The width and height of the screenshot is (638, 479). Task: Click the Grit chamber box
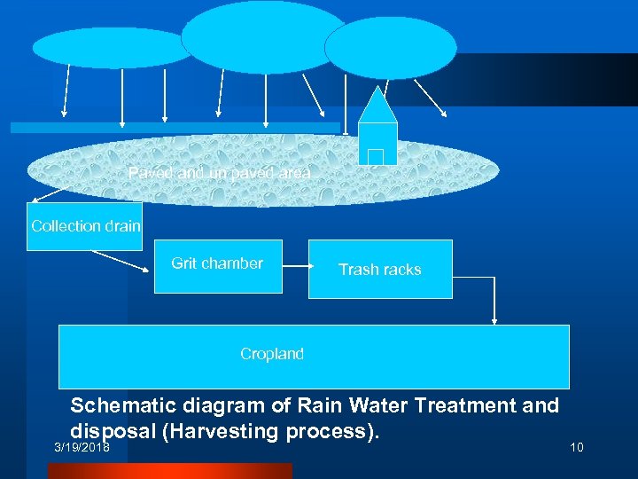(x=217, y=265)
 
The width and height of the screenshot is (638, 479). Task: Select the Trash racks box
(x=379, y=269)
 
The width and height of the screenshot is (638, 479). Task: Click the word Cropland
(x=271, y=354)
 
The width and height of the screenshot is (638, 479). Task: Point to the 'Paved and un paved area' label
(x=219, y=173)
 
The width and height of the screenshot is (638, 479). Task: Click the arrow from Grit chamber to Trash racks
(x=295, y=264)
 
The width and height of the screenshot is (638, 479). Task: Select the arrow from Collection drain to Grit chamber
(x=117, y=261)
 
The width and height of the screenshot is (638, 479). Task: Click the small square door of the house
(x=375, y=157)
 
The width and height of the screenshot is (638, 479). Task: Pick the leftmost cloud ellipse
(x=113, y=48)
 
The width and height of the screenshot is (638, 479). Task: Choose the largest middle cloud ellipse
(x=263, y=36)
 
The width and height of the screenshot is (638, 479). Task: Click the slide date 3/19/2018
(x=81, y=447)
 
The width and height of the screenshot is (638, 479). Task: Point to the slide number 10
(x=576, y=447)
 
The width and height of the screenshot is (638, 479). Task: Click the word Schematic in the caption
(x=125, y=405)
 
